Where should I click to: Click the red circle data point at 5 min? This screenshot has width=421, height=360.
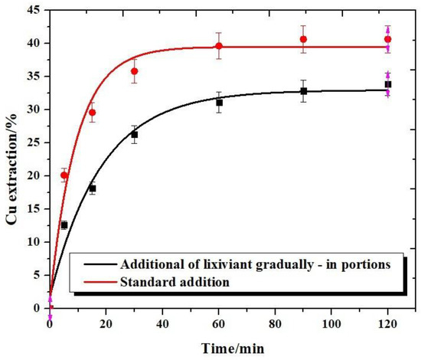[x=64, y=175]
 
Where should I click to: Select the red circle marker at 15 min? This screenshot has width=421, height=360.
[x=93, y=113]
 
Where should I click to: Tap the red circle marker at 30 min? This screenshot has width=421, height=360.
[x=135, y=71]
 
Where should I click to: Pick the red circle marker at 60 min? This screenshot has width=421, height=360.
[x=219, y=46]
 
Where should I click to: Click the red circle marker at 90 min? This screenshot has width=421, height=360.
[x=304, y=39]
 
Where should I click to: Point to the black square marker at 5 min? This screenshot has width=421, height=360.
[x=64, y=224]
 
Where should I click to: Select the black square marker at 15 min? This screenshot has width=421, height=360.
[x=93, y=188]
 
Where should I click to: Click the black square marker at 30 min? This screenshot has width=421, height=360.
[x=135, y=134]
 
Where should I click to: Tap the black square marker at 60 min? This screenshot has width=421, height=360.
[x=219, y=102]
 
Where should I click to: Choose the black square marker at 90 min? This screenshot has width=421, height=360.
[x=304, y=91]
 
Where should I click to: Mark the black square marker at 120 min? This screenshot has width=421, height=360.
[x=388, y=84]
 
